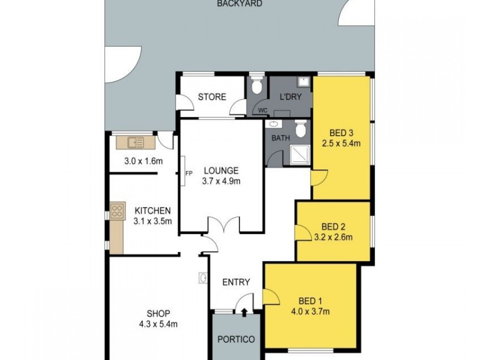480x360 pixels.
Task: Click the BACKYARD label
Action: click(x=231, y=4)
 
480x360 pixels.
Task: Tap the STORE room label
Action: click(x=212, y=97)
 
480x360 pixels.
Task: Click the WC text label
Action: click(x=262, y=110)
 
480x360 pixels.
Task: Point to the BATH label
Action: click(x=281, y=137)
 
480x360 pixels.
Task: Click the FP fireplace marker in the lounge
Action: click(x=188, y=174)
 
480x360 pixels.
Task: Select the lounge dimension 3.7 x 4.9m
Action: click(x=221, y=181)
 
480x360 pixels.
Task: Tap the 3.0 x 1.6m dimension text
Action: click(x=143, y=160)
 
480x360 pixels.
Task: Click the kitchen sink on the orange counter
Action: click(x=135, y=142)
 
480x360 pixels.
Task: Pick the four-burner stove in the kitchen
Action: click(x=118, y=211)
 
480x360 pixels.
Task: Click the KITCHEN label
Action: click(x=152, y=211)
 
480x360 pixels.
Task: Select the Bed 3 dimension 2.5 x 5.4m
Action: click(x=341, y=143)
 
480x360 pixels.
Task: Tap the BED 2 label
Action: click(x=333, y=226)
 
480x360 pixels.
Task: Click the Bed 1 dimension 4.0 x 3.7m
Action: click(x=310, y=311)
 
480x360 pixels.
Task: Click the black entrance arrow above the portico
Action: click(x=245, y=311)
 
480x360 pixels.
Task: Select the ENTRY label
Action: click(x=236, y=283)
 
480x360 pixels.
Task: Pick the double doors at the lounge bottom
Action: click(x=223, y=226)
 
